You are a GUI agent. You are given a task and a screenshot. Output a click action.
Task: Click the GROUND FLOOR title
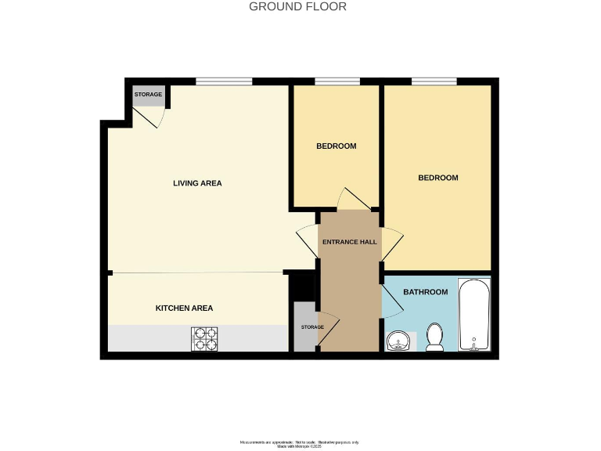[x=297, y=7]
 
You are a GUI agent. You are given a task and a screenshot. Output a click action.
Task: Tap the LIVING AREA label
[x=197, y=183]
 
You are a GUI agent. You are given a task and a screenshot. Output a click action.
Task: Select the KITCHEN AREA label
[x=184, y=308]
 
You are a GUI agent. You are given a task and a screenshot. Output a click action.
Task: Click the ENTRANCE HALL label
[x=350, y=242]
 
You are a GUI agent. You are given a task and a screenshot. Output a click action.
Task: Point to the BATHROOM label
[x=425, y=292]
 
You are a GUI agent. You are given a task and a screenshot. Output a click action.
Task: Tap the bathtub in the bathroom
[x=473, y=315]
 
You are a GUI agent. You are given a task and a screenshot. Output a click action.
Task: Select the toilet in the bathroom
[x=434, y=337]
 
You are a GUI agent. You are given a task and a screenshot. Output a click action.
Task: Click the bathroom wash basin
[x=398, y=341]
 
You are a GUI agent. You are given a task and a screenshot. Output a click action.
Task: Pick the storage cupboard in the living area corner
[x=148, y=96]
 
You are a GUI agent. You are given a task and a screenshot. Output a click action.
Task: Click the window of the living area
[x=224, y=81]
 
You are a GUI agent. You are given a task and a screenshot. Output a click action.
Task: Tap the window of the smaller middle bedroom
[x=337, y=81]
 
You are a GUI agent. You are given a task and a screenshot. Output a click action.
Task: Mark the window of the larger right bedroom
[x=434, y=81]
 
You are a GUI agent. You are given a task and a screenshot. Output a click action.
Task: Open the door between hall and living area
[x=306, y=242]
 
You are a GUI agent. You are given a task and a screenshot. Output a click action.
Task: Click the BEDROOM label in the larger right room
[x=437, y=178]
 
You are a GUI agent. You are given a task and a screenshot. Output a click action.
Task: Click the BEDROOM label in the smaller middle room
[x=336, y=146]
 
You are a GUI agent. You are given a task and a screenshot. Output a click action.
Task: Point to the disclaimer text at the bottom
[x=300, y=444]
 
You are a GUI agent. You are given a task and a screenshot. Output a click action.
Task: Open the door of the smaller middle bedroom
[x=349, y=200]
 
